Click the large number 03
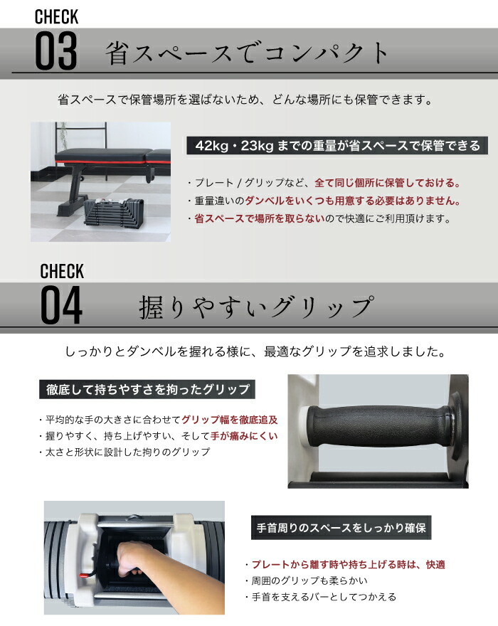56,50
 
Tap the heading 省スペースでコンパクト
247,53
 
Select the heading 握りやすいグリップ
255,307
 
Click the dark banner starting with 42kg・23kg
333,146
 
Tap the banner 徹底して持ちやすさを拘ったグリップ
147,389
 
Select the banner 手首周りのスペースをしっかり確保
341,529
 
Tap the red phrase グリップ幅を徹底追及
230,419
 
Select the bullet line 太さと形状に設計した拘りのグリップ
125,452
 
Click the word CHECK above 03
56,16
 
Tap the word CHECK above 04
62,271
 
